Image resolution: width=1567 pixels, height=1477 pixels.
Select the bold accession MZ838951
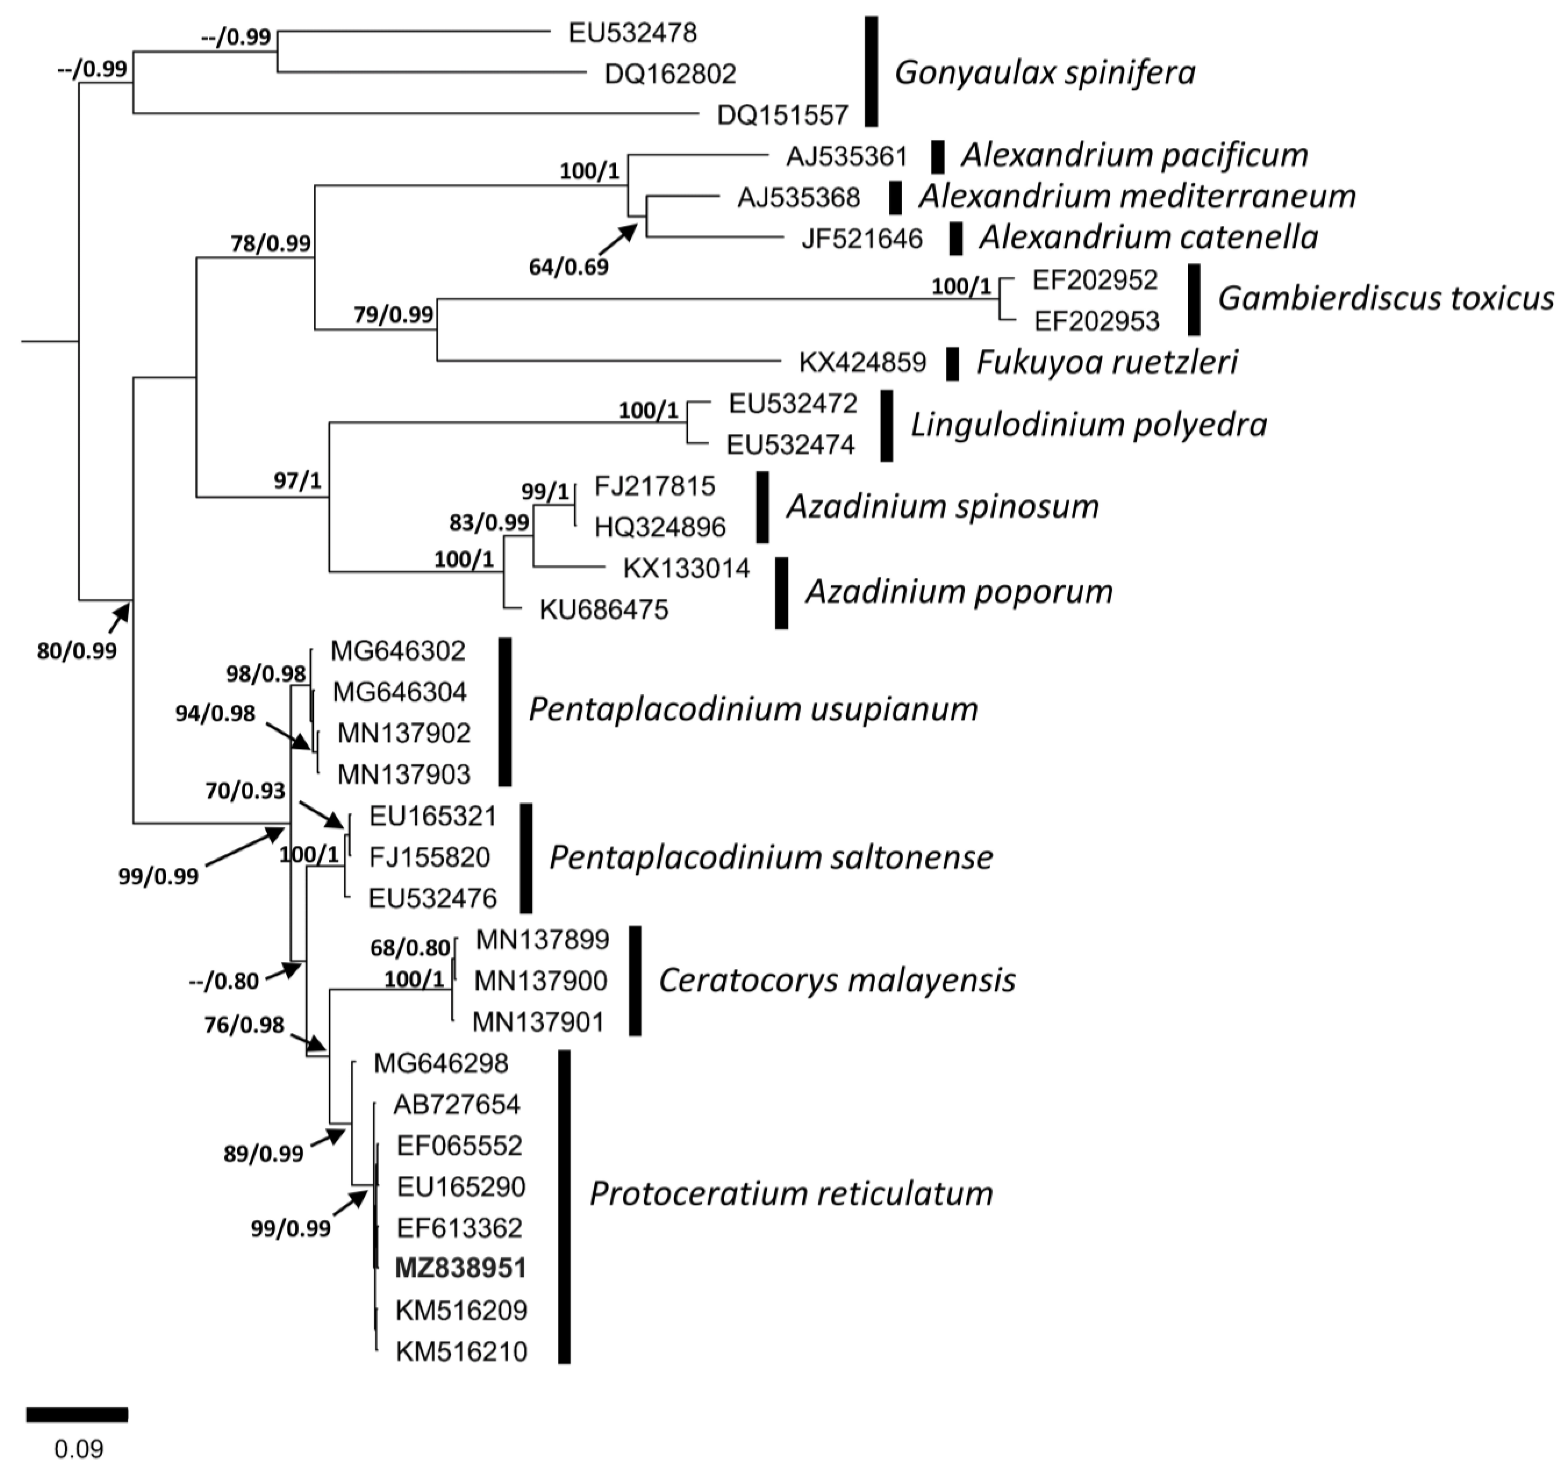coord(460,1268)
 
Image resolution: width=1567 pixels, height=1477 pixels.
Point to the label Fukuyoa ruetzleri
coord(1107,362)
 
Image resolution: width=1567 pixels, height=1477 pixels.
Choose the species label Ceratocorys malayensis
coord(836,981)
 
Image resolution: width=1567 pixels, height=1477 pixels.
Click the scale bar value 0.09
coord(79,1449)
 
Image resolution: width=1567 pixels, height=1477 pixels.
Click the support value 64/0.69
coord(568,267)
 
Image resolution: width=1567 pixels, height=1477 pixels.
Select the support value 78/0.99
coord(270,244)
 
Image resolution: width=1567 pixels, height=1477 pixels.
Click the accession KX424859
coord(863,362)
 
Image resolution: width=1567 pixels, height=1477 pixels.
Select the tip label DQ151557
coord(782,116)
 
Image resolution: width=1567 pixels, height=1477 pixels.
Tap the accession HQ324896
coord(660,527)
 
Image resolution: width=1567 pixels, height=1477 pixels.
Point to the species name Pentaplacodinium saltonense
coord(771,857)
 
